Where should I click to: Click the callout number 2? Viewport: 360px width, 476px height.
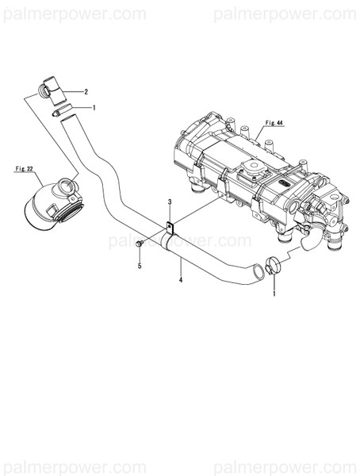(x=98, y=92)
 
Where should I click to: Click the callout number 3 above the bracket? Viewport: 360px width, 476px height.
(x=170, y=204)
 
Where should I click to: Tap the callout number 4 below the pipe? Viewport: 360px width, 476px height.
(x=181, y=280)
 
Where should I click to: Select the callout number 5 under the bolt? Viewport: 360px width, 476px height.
(x=140, y=266)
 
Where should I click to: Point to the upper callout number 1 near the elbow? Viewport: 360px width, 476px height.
(x=94, y=107)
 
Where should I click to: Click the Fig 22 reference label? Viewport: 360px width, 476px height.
(x=25, y=169)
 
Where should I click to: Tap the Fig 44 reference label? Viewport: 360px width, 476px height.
(x=274, y=122)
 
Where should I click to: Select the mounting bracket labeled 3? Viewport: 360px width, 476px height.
(x=170, y=226)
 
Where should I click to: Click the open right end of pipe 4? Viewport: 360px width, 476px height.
(x=255, y=274)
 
